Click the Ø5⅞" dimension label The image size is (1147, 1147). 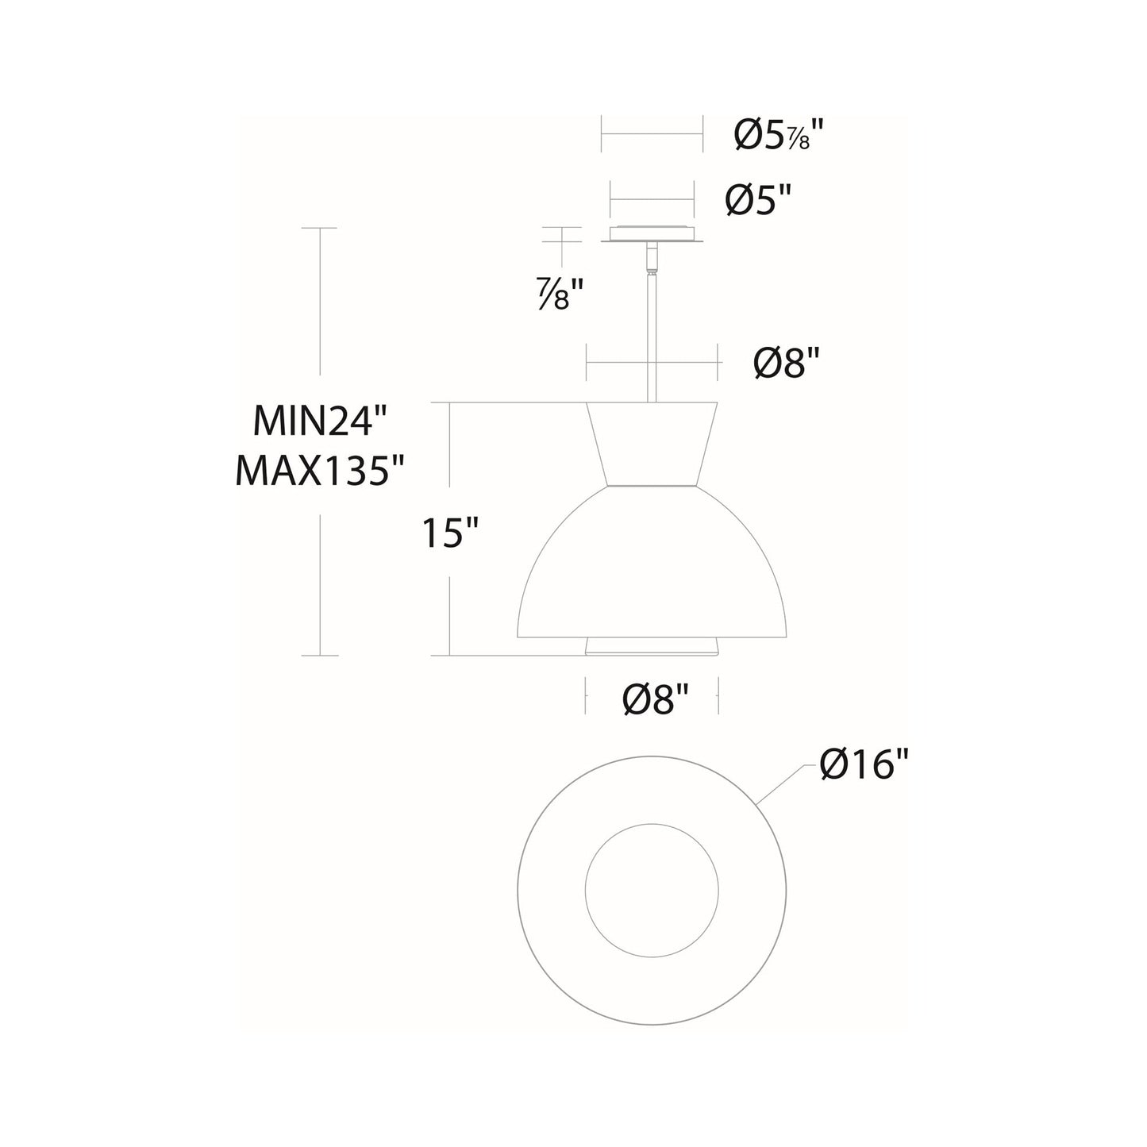[x=776, y=137]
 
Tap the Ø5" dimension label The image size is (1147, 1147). [x=760, y=202]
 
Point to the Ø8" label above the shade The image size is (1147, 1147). [x=785, y=364]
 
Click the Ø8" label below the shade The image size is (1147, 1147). [x=654, y=700]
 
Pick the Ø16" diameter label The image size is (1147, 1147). [x=864, y=766]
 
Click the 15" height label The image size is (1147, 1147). [x=451, y=533]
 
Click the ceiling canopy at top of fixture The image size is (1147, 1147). [x=652, y=235]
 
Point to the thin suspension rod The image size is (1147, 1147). [x=652, y=333]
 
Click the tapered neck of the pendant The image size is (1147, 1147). [x=652, y=445]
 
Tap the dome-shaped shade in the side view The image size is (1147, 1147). [x=652, y=572]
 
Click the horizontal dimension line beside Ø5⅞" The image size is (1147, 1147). [x=652, y=135]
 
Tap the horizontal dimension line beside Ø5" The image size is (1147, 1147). [x=652, y=200]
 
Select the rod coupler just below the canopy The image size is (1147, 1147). [x=652, y=258]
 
